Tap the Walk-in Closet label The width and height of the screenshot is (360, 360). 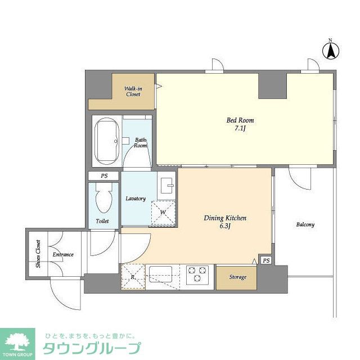(133, 91)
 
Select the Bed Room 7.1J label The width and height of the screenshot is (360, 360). (240, 124)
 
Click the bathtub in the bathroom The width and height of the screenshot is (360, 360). (106, 140)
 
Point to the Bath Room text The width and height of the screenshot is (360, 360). (140, 142)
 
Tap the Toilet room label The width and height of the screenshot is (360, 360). (102, 221)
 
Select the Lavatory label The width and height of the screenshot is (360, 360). (136, 199)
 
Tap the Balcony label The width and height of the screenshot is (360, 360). (305, 224)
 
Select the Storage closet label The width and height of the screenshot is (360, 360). (237, 277)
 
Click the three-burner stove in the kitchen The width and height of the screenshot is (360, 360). (197, 274)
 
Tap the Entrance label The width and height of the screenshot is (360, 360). (63, 255)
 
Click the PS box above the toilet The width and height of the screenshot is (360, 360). (104, 176)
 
